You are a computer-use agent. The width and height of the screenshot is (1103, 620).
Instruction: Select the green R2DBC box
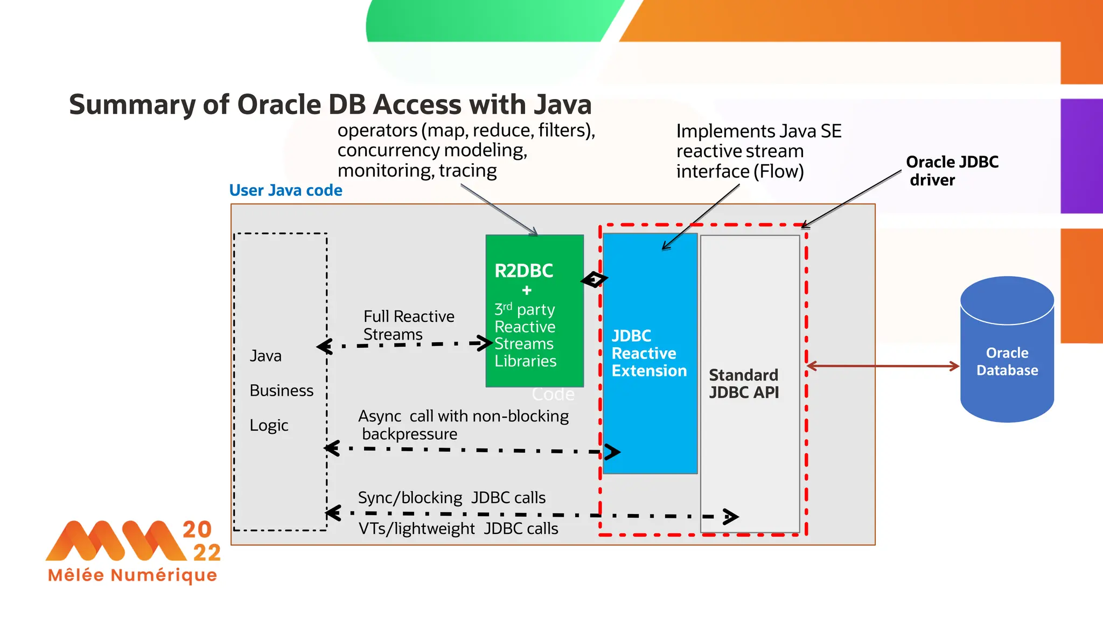(534, 311)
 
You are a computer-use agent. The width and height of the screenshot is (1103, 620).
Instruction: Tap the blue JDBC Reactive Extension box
(650, 353)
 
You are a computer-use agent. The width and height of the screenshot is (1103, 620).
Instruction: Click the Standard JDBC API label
(744, 383)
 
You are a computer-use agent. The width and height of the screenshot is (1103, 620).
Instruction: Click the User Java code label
(285, 191)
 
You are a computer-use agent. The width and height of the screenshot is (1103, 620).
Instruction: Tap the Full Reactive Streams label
(408, 325)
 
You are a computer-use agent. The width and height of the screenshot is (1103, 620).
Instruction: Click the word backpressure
(409, 434)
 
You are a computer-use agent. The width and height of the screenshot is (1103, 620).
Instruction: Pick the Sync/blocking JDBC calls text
(451, 498)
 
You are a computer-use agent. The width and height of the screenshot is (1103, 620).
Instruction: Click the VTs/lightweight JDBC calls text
(458, 529)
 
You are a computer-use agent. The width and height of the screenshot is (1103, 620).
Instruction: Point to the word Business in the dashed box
(281, 391)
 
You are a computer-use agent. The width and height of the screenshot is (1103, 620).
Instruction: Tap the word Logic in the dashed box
(269, 426)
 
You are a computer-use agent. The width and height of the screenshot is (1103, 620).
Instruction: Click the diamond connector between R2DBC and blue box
(594, 279)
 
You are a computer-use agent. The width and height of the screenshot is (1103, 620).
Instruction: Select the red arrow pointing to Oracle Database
(883, 366)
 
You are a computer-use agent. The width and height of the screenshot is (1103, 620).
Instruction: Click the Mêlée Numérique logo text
(132, 575)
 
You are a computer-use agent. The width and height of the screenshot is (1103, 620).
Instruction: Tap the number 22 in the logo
(207, 553)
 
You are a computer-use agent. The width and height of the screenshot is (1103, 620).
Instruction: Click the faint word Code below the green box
(553, 394)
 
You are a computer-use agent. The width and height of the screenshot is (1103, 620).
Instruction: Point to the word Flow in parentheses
(778, 172)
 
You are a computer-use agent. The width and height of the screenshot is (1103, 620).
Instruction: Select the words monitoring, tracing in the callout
(417, 171)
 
